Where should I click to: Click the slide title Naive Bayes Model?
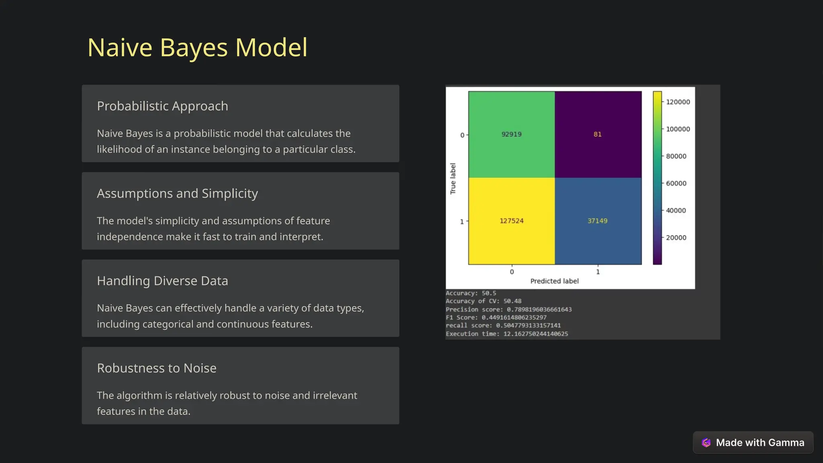pos(197,47)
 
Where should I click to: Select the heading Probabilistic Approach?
pos(162,106)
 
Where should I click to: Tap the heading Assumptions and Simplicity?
pos(177,193)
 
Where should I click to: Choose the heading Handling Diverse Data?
pos(162,281)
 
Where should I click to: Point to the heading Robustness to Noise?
pos(157,368)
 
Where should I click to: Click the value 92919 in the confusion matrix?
pos(511,134)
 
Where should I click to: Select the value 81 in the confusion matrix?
pos(598,134)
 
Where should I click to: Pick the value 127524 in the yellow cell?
pos(511,221)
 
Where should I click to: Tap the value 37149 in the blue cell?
pos(598,221)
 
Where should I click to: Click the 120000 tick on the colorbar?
pos(678,102)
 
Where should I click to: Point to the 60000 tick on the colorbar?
pos(676,183)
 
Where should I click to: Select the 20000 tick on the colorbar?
pos(676,238)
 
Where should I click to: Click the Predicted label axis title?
pos(554,281)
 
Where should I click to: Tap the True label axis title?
pos(453,178)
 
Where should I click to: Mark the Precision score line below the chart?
pos(508,309)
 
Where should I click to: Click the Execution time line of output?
pos(507,334)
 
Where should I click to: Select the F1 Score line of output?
pos(496,318)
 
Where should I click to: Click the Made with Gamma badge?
pos(753,443)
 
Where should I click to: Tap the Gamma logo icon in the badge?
pos(706,443)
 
